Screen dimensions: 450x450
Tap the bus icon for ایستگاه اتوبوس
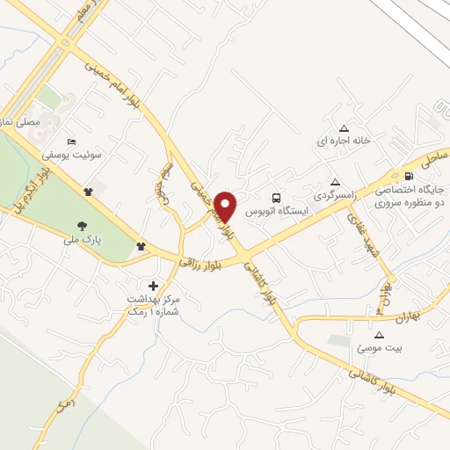click(x=277, y=197)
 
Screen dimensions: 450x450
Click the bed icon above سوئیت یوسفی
click(x=72, y=142)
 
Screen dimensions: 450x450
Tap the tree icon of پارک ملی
click(x=83, y=226)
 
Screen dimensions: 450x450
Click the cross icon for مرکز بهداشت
click(x=154, y=286)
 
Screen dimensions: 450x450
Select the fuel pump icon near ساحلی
click(x=407, y=175)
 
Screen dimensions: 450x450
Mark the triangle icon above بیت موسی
click(x=379, y=335)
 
